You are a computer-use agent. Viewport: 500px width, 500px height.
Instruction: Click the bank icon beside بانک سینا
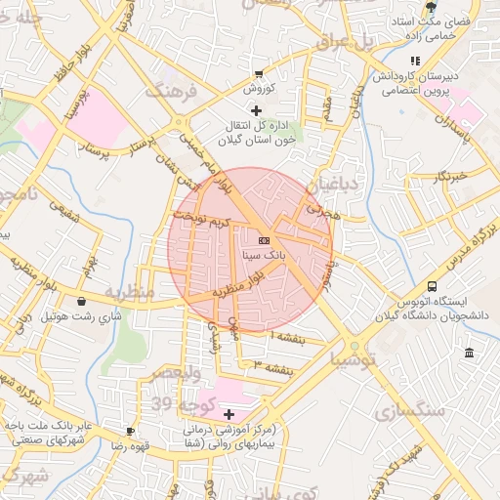coord(264,239)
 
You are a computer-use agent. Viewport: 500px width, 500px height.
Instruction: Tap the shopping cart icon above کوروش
coord(258,74)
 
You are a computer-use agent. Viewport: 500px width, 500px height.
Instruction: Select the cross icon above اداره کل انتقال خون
coord(257,110)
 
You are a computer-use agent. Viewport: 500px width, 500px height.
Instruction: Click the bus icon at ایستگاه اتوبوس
coord(377,301)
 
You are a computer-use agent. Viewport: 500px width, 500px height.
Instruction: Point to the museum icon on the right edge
coord(470,353)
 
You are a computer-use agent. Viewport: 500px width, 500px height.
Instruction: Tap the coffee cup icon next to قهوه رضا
coord(130,431)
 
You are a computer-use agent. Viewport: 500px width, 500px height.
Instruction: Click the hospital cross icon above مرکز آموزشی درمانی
coord(229,415)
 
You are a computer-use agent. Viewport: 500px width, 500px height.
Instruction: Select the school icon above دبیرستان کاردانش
coord(416,62)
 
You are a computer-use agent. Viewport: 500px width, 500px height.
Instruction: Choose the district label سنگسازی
coord(410,411)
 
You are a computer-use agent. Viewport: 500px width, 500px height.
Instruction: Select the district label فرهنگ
coord(171,92)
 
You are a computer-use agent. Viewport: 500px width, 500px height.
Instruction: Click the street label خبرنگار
coord(451,177)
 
